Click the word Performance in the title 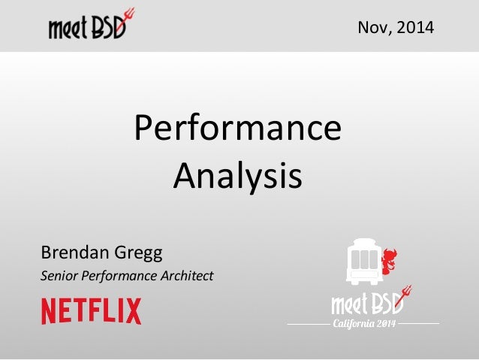(x=237, y=130)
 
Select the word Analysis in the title (x=237, y=177)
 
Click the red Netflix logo (x=91, y=311)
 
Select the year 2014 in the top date (x=416, y=29)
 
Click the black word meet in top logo (x=69, y=29)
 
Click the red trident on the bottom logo (x=406, y=293)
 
